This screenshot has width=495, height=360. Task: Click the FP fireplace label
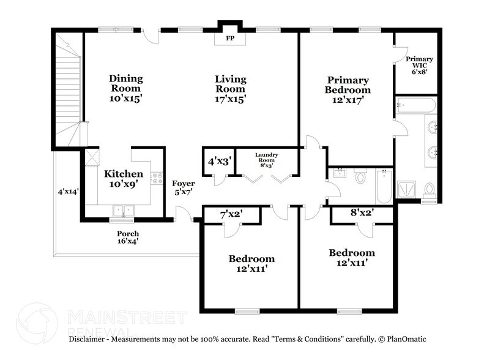tap(230, 39)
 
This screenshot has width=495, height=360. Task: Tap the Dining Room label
tap(126, 88)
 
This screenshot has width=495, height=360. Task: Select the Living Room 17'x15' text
tap(231, 88)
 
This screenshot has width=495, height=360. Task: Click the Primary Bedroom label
tap(348, 90)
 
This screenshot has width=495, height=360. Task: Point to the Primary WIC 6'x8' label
tap(419, 64)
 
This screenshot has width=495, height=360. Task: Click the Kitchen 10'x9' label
tap(123, 179)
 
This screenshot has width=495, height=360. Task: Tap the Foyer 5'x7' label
tap(183, 188)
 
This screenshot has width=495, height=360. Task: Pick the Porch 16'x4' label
tap(128, 238)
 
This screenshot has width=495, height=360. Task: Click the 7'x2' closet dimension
tap(232, 215)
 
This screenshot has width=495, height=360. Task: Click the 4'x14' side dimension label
tap(69, 192)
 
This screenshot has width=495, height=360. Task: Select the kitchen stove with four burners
tap(157, 178)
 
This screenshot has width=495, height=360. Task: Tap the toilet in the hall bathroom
tap(360, 178)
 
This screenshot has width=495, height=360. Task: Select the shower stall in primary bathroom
tap(408, 190)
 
